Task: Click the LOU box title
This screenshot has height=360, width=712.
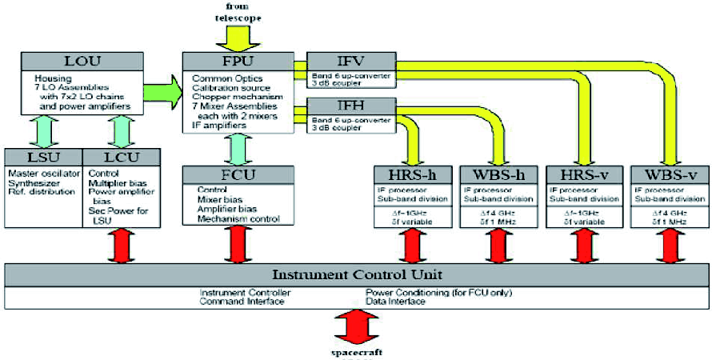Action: click(x=82, y=61)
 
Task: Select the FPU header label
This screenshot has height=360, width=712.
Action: click(x=237, y=61)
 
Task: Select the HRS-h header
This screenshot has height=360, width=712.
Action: click(x=414, y=175)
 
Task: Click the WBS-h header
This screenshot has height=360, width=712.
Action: click(x=498, y=175)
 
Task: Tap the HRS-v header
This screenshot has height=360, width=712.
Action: click(x=582, y=175)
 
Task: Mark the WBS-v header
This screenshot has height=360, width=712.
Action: click(x=669, y=175)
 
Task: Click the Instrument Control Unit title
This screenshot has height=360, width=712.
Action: click(x=356, y=274)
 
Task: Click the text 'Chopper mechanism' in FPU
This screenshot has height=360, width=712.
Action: click(x=234, y=98)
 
